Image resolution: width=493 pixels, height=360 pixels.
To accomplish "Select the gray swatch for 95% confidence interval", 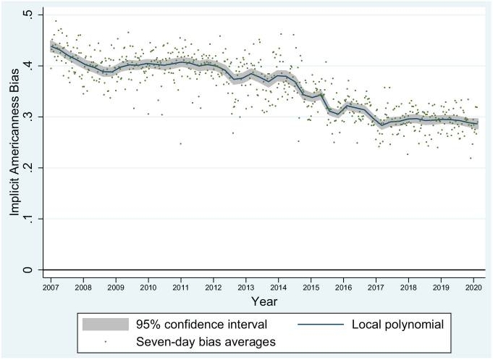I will [x=104, y=323].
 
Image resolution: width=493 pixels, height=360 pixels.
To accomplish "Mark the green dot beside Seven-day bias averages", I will [x=104, y=340].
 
